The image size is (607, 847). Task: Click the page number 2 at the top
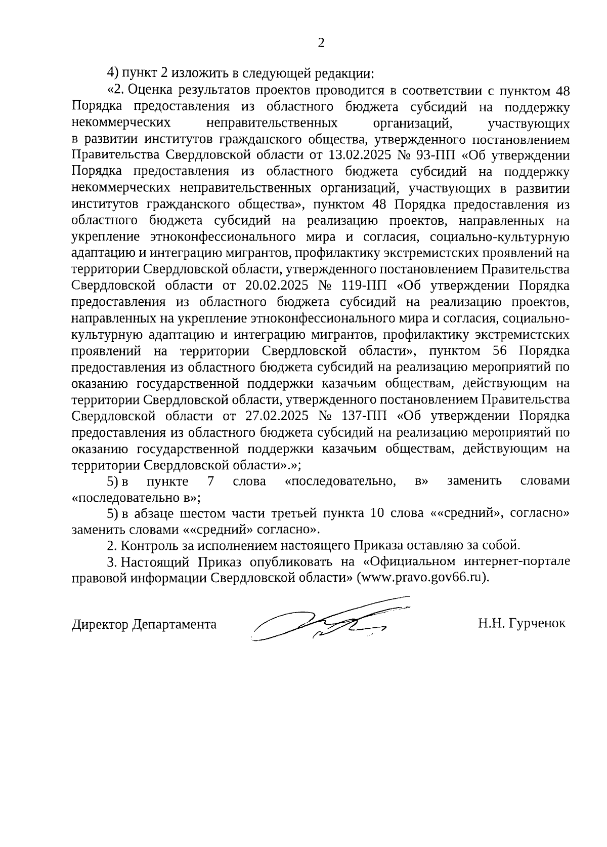coord(320,43)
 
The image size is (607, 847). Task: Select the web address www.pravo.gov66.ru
coord(422,578)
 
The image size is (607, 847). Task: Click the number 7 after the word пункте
coord(210,481)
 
